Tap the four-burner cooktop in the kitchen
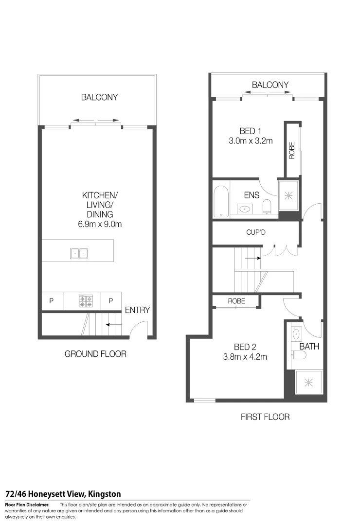click(86, 301)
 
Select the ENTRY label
click(138, 310)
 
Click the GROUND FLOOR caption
click(95, 354)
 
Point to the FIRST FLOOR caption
click(265, 417)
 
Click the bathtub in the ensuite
click(221, 201)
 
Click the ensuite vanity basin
click(245, 210)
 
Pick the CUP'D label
click(255, 232)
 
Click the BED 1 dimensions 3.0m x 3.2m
click(251, 141)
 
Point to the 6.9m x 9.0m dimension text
click(100, 224)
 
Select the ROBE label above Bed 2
click(236, 301)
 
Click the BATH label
click(309, 347)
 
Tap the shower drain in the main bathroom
click(308, 383)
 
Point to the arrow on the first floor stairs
click(252, 259)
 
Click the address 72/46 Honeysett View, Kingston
click(63, 494)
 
